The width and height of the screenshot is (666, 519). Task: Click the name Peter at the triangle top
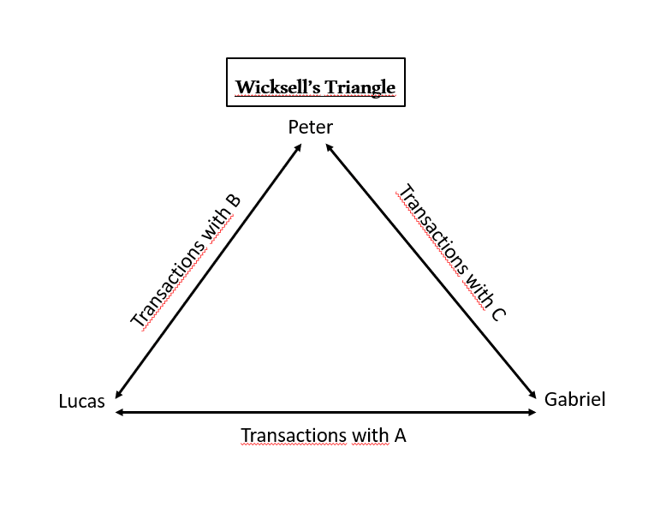point(310,128)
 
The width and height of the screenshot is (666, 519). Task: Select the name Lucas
point(81,401)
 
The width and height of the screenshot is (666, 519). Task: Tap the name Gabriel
point(574,399)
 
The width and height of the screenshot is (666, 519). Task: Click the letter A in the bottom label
point(399,435)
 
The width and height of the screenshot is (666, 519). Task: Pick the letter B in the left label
point(232,202)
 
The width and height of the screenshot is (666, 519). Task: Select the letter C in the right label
point(498,313)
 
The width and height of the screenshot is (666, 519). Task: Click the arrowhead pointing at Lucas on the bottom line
point(119,413)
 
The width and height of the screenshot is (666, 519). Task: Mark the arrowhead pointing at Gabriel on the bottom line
point(532,413)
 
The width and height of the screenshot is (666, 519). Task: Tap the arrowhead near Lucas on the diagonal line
point(118,394)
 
